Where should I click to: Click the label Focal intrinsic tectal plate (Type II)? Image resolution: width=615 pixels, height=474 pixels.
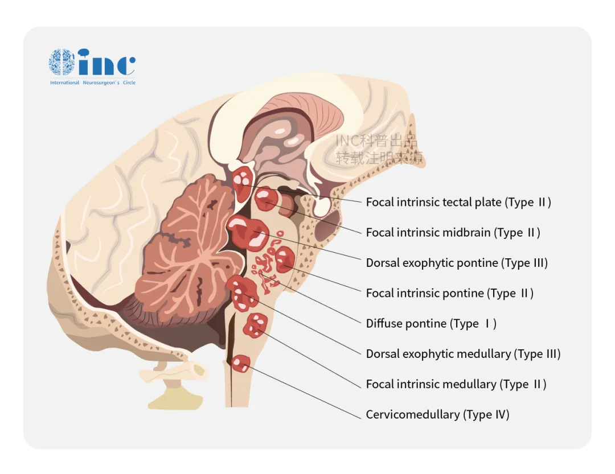coord(458,202)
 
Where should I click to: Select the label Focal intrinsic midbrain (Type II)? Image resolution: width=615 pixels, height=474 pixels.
coord(453,232)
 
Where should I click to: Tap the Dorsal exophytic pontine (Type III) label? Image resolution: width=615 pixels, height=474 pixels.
coord(457,263)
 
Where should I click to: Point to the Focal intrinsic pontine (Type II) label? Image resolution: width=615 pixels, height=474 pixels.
coord(449,293)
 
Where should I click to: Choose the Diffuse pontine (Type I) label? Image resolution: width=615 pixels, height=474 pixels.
coord(431,323)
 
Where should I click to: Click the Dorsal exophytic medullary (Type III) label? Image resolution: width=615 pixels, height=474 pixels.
coord(463,354)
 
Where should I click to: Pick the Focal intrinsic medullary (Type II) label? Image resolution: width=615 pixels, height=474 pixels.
coord(456,384)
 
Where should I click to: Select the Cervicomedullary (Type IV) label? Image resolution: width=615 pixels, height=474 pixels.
coord(437,414)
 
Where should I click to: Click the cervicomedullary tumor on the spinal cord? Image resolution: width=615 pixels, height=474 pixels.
coord(241,363)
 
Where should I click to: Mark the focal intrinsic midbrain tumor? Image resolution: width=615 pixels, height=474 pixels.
coord(265,199)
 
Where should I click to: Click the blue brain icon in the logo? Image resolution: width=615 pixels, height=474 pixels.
coord(62,62)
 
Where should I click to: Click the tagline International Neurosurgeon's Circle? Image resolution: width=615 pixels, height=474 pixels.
coord(93,83)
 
